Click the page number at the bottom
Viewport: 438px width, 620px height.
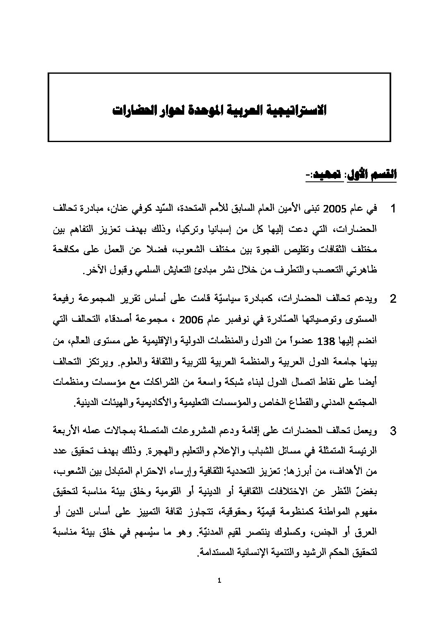[219, 580]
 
